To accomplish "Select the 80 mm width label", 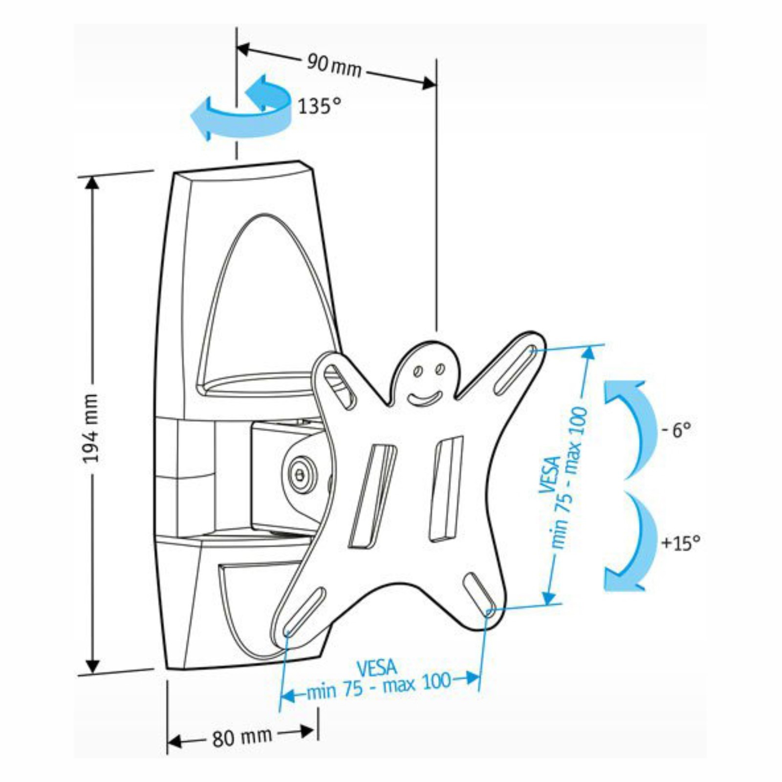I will (242, 737).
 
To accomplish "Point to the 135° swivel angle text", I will (319, 106).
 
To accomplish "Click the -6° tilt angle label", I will (676, 430).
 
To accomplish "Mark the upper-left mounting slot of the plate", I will (340, 386).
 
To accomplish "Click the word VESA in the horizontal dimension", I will (376, 667).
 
